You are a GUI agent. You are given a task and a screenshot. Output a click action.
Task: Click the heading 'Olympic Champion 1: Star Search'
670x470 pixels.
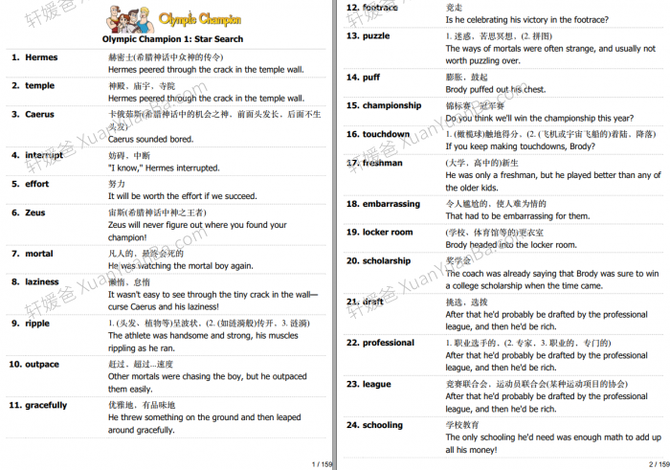coord(172,39)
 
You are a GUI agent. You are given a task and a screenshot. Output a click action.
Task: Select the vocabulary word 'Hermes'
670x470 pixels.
coord(41,57)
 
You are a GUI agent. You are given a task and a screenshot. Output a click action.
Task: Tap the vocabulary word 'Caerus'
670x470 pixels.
coord(40,114)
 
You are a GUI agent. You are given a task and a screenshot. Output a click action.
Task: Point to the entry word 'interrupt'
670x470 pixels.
coord(44,155)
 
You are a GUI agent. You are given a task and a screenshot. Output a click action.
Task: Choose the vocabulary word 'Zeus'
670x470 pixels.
coord(34,213)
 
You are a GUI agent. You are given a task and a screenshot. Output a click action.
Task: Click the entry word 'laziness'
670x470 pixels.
coord(42,282)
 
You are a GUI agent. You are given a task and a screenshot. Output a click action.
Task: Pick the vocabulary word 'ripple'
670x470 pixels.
coord(37,324)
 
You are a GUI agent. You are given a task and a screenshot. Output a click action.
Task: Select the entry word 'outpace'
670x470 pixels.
coord(42,365)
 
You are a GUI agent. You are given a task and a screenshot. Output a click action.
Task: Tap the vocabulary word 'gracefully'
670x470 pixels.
coord(46,406)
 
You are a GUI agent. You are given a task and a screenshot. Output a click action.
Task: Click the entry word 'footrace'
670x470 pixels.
coord(380,8)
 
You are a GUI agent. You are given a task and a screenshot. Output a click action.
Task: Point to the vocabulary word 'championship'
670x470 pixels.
coord(391,106)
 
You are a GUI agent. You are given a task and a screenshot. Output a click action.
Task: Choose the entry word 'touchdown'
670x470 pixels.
coord(386,135)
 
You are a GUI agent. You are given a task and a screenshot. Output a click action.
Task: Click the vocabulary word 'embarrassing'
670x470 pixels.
coord(391,204)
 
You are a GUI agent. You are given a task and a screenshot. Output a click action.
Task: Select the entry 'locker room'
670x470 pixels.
coord(388,233)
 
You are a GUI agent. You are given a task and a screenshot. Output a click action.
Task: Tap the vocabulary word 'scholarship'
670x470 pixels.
coord(387,261)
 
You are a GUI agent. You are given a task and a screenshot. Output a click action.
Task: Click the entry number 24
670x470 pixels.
coord(352,425)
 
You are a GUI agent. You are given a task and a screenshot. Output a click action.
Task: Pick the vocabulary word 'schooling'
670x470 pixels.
coord(383,425)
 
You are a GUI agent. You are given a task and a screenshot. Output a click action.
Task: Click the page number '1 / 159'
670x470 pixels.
coord(322,463)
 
